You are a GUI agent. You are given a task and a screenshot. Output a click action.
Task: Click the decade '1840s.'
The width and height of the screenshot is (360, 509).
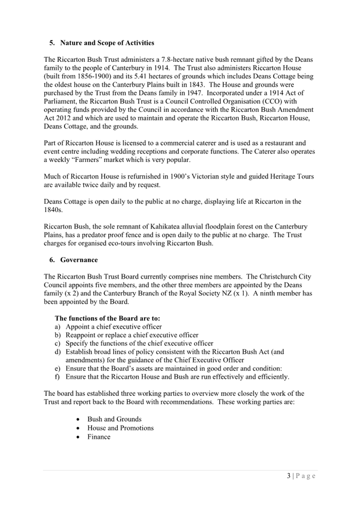[54, 210]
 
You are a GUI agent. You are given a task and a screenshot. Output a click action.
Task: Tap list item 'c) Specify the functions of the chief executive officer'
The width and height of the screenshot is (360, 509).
[134, 343]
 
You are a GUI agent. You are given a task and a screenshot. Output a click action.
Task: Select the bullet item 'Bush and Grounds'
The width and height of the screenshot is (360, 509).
[114, 419]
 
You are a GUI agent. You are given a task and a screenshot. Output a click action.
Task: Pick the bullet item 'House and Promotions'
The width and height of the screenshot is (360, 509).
[120, 428]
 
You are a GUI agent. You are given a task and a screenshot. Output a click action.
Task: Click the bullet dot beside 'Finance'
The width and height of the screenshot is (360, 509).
[79, 437]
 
